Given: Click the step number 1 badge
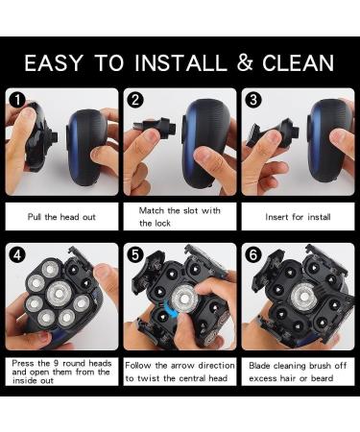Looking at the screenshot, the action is click(x=17, y=101).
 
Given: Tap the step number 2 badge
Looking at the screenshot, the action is click(x=135, y=101).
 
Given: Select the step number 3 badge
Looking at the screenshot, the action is click(x=253, y=101).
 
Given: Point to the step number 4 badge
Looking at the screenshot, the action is click(x=17, y=255).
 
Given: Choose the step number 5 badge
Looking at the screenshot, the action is click(x=135, y=255).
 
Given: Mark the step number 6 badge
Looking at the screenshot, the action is click(x=253, y=255).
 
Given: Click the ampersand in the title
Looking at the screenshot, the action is click(x=245, y=62).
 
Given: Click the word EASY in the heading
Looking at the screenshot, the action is click(x=54, y=62).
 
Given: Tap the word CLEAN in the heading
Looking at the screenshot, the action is click(x=299, y=62).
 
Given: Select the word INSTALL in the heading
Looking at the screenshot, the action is click(x=180, y=62).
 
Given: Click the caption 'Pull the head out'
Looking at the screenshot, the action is click(x=61, y=217).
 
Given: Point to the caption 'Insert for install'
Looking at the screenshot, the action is click(x=298, y=217).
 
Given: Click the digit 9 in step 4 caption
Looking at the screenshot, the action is click(x=57, y=364).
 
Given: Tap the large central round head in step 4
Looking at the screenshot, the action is click(x=59, y=294).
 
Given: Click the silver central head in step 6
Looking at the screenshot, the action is click(x=304, y=297).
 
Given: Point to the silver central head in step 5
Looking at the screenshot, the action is click(x=184, y=300).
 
